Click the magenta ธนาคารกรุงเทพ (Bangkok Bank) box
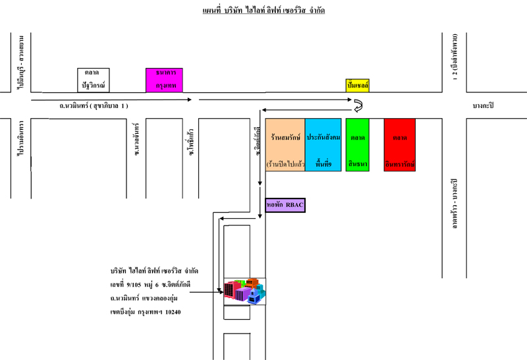coord(164,80)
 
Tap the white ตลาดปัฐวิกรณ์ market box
coord(93,80)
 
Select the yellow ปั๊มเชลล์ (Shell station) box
coord(357,85)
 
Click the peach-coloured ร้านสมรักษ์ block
coord(285,145)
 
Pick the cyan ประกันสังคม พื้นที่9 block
coord(323,145)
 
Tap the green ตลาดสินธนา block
coord(358,145)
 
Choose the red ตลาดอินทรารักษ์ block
coord(400,145)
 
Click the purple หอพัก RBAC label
coord(285,206)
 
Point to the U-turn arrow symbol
coord(359,105)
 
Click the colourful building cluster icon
coord(244,291)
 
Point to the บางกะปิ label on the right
coord(483,105)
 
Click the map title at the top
coord(263,11)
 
